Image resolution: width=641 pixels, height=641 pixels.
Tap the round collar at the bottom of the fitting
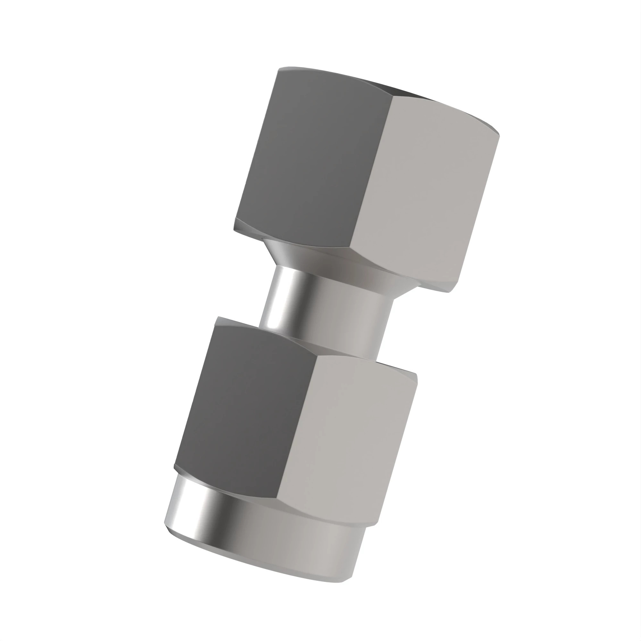[265, 537]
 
